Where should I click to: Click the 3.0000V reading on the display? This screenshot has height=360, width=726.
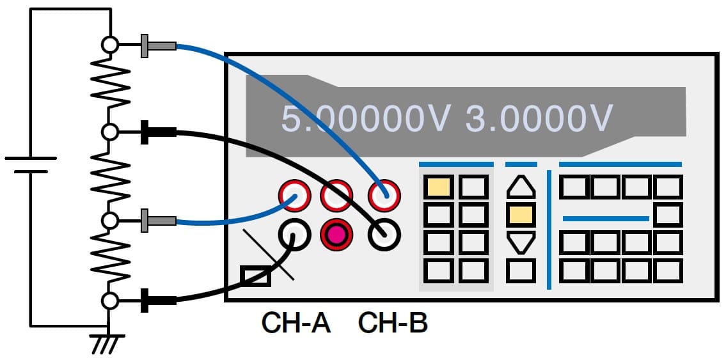click(539, 118)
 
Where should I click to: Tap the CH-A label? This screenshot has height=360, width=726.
click(296, 324)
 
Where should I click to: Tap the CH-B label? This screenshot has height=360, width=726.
click(393, 324)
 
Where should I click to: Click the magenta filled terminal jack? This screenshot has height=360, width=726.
click(337, 235)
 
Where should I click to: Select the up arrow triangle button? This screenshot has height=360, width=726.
click(521, 187)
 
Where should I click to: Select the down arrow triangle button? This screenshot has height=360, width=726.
click(521, 243)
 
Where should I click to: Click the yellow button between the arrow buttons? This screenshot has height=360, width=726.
click(521, 215)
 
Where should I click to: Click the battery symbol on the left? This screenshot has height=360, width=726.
click(30, 165)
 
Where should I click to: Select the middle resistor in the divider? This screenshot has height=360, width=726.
click(110, 176)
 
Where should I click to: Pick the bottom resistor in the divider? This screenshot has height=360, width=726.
click(110, 260)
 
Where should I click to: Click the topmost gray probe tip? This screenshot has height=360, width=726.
click(159, 45)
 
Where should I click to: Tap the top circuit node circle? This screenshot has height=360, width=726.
click(110, 45)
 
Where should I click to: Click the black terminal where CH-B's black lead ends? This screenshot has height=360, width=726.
click(384, 235)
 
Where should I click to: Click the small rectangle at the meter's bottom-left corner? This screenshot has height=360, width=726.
click(255, 276)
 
